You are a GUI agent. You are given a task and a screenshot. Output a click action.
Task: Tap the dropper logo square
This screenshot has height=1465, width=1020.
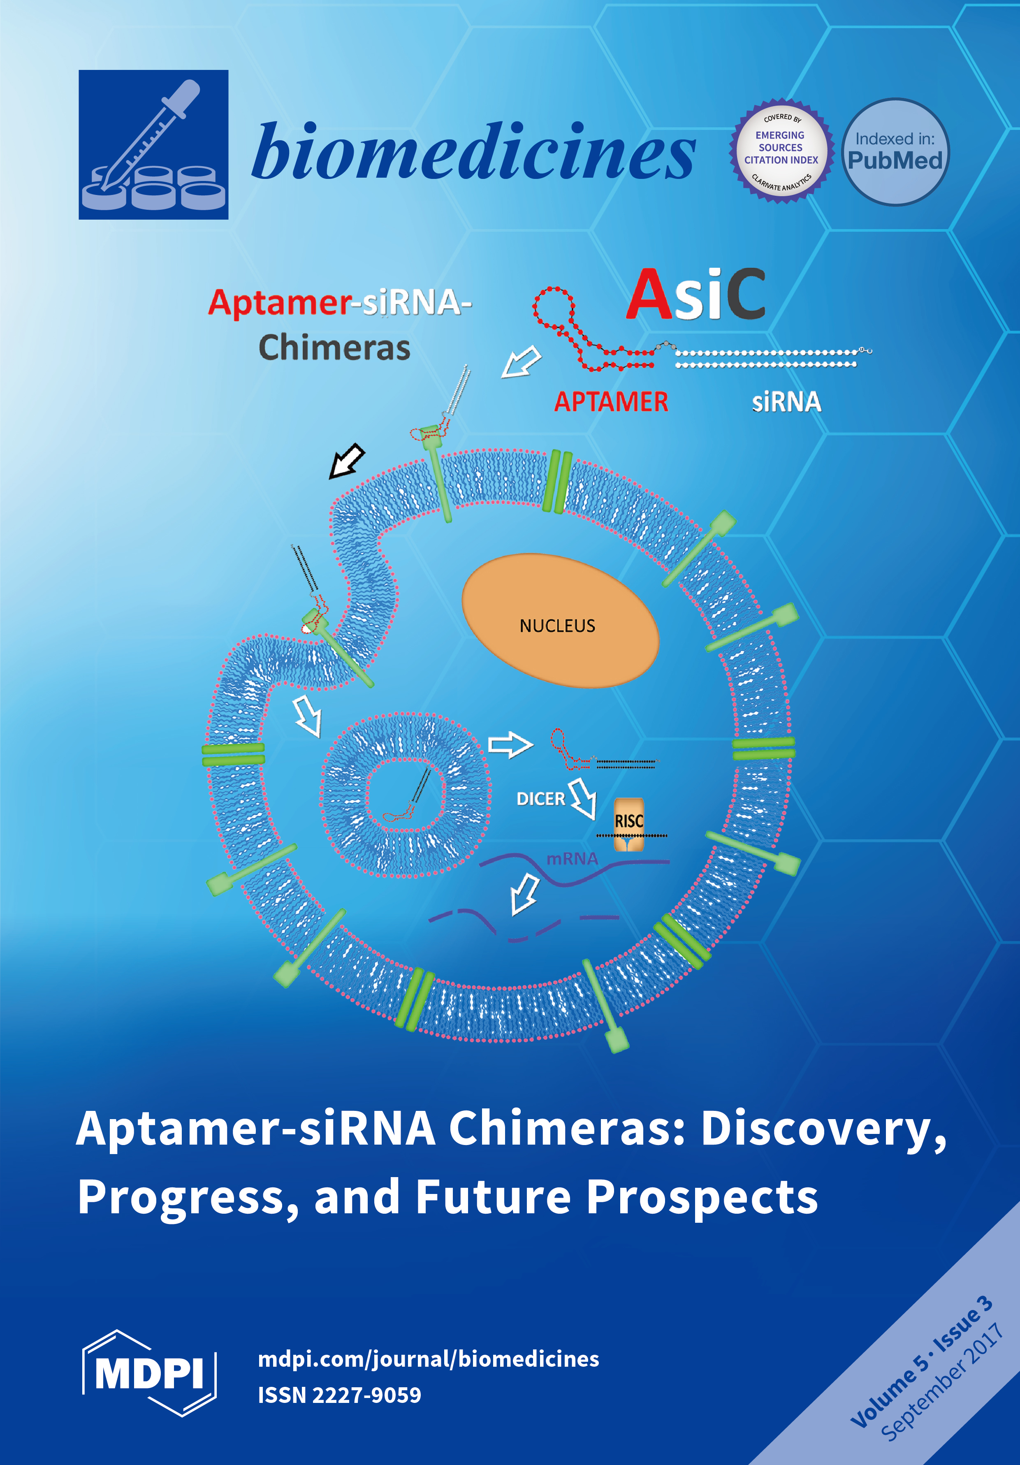(x=153, y=145)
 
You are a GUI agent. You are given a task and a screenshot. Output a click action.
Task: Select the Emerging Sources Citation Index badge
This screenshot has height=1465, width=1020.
(x=781, y=152)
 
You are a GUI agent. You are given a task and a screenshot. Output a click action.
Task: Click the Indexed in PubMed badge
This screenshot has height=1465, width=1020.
(x=895, y=152)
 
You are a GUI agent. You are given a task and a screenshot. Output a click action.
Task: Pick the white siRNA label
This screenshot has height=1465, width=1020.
(x=786, y=402)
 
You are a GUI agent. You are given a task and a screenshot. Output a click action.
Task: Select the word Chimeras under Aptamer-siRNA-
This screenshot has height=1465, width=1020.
(x=334, y=348)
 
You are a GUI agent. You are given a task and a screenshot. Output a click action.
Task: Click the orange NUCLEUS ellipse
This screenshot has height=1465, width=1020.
(x=559, y=621)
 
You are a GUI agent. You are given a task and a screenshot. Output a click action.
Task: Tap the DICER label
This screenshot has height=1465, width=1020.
(x=540, y=799)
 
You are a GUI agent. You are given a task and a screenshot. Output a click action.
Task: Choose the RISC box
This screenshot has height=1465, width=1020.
(x=628, y=823)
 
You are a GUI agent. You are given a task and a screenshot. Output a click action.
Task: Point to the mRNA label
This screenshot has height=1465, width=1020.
(x=572, y=859)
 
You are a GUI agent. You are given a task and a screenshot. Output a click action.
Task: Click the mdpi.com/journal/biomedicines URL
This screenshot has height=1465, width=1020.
(x=428, y=1359)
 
